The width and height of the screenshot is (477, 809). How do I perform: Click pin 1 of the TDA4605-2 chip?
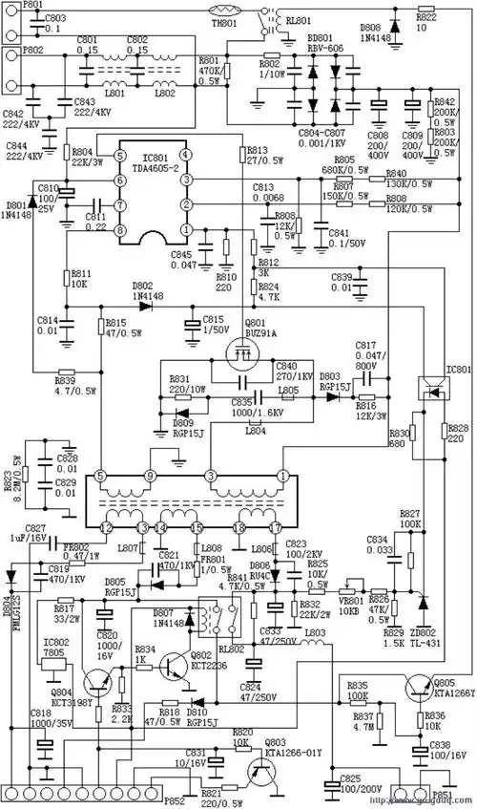187,230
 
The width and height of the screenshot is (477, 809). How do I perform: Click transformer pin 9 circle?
149,475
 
